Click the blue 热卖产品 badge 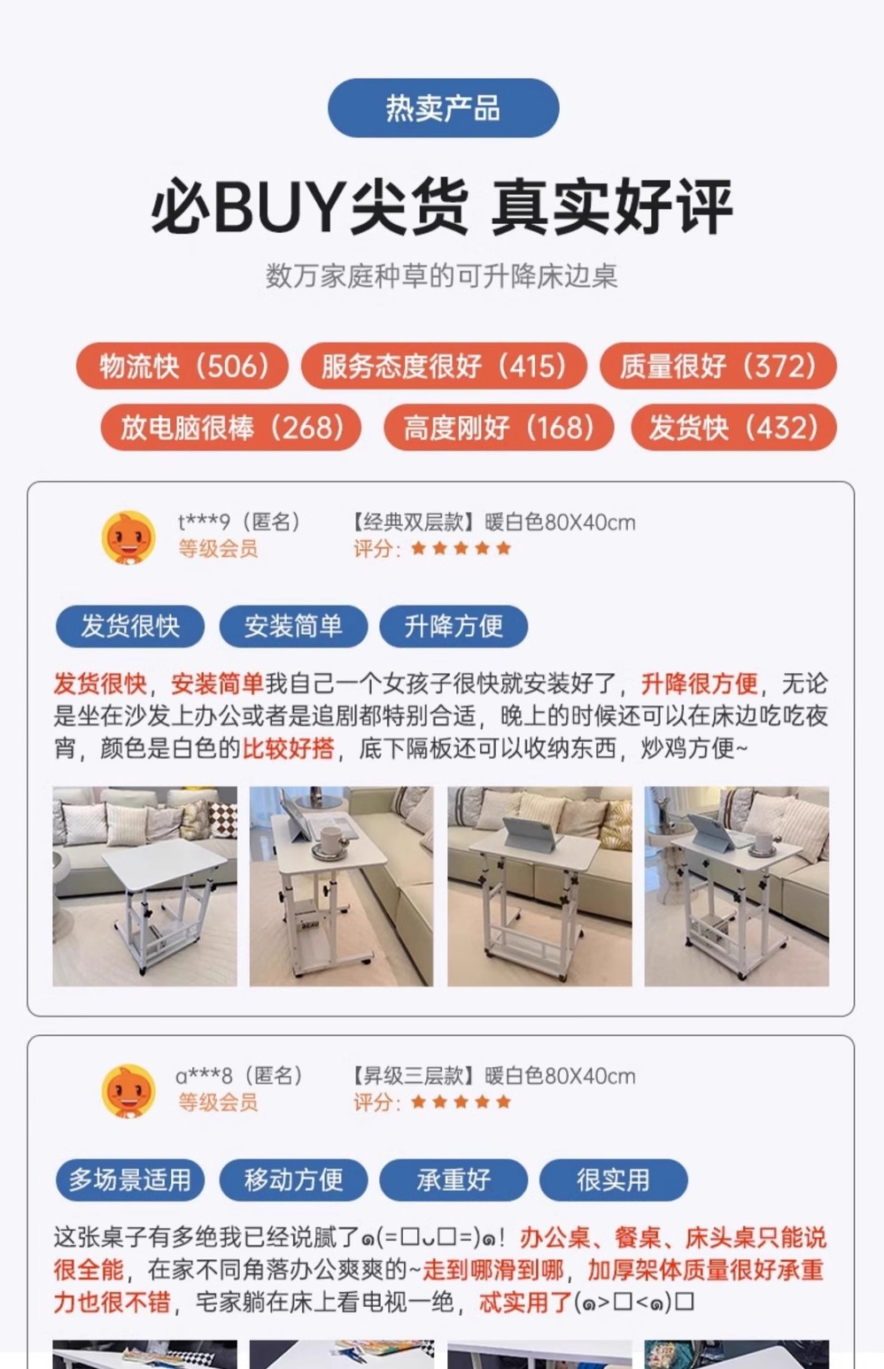point(443,108)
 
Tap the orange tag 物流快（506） point(182,366)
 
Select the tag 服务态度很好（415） point(444,366)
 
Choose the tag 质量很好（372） point(718,366)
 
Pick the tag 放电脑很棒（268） point(231,427)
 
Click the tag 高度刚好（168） point(499,427)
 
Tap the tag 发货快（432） point(733,427)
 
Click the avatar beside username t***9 point(128,538)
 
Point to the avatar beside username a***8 point(128,1091)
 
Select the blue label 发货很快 point(130,626)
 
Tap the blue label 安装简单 point(293,626)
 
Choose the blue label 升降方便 point(454,626)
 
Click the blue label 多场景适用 point(130,1180)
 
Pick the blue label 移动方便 point(293,1180)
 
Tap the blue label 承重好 point(454,1180)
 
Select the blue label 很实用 point(614,1180)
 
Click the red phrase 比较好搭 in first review point(289,748)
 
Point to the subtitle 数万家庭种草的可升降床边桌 point(441,276)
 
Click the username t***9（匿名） point(239,522)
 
